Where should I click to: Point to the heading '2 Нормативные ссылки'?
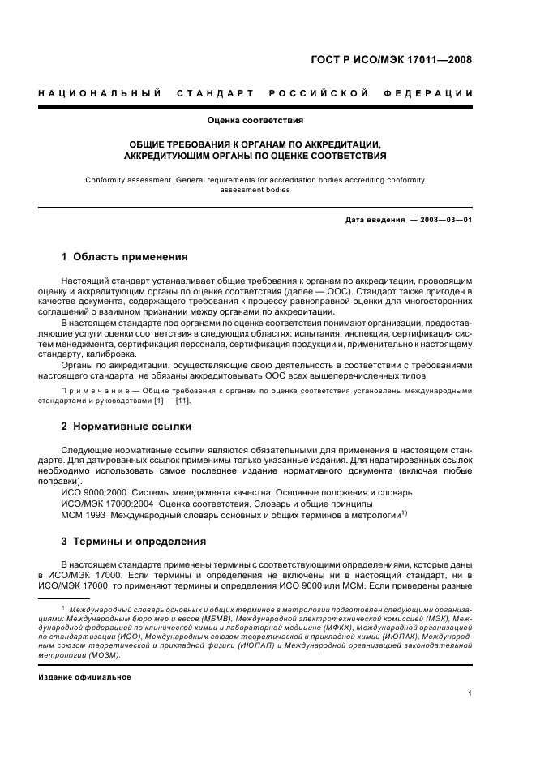(126, 426)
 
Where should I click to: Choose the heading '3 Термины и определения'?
(133, 541)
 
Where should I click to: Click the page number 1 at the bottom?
(470, 693)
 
